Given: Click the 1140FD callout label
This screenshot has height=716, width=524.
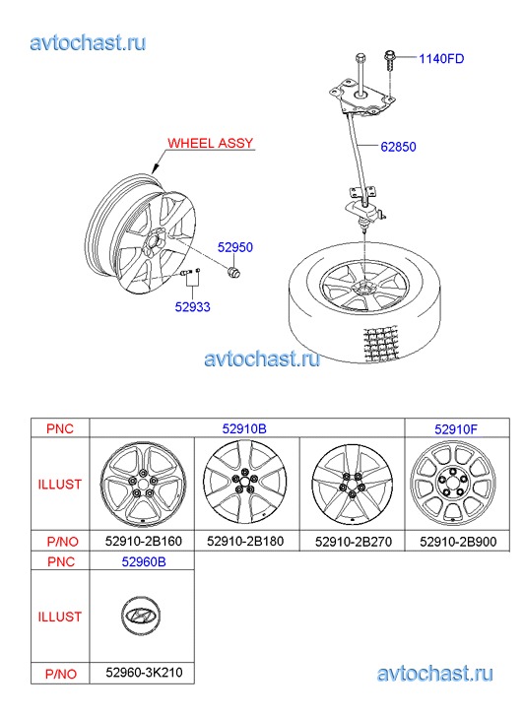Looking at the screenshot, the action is coord(441,59).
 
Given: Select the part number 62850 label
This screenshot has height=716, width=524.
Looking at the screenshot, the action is coord(398,147).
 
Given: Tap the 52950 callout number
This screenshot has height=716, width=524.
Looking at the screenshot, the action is coord(234,247).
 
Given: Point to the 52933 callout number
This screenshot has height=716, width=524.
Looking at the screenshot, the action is coord(192,307).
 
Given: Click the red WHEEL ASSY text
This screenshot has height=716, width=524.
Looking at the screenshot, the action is coord(210,143).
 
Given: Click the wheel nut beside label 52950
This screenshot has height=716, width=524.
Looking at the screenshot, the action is coord(234,271).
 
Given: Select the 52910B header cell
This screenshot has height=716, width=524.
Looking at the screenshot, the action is coord(244,428).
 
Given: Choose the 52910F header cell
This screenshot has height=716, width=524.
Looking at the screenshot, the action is coord(456,429).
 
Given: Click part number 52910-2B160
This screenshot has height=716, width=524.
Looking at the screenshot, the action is coord(144,541).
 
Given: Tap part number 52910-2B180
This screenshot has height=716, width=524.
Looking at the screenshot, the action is coord(245,541).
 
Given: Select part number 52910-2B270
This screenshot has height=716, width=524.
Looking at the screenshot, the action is coord(354,542).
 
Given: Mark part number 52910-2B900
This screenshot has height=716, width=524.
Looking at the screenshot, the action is coord(458,542).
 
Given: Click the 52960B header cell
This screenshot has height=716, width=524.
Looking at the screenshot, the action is coord(144,561).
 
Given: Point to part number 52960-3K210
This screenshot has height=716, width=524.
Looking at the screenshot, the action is coord(144,672).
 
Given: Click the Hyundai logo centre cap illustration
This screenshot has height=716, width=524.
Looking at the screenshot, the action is coord(141,616).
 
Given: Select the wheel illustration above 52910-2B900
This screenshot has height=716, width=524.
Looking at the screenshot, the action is coord(453,484).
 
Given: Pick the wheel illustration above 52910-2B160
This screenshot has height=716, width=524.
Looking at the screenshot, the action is coord(143,485).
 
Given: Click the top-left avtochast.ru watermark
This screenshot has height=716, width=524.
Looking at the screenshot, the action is coord(88,43).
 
